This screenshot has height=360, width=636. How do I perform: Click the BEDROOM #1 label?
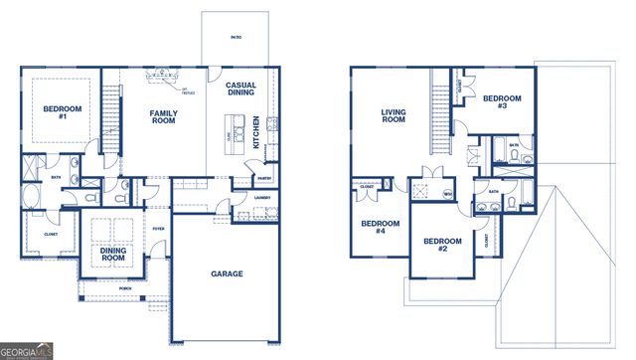(x=62, y=112)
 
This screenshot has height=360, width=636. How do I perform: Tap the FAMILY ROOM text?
(x=164, y=116)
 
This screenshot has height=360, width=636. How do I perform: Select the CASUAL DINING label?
(x=240, y=90)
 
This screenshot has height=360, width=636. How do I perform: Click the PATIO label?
(x=236, y=37)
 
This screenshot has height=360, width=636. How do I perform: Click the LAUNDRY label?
(x=262, y=197)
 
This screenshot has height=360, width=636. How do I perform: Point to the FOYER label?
(x=158, y=228)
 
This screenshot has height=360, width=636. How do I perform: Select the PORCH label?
(x=125, y=290)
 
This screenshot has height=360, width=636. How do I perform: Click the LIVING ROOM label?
(x=395, y=116)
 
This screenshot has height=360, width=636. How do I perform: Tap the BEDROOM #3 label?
(x=496, y=100)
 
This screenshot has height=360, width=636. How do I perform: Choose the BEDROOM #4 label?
(x=374, y=227)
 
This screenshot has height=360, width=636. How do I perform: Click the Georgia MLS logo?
(x=27, y=351)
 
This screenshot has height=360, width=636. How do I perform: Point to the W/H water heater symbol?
(x=448, y=194)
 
